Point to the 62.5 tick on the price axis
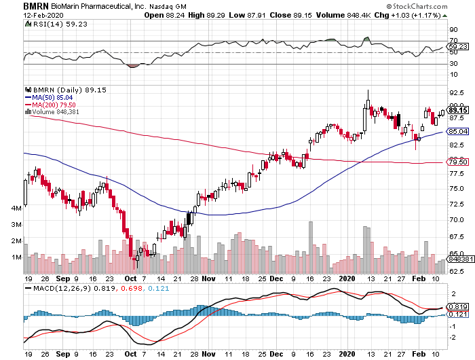pyautogui.click(x=457, y=271)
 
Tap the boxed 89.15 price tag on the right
pyautogui.click(x=458, y=110)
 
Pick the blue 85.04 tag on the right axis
pyautogui.click(x=458, y=132)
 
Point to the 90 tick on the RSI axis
pyautogui.click(x=453, y=29)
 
